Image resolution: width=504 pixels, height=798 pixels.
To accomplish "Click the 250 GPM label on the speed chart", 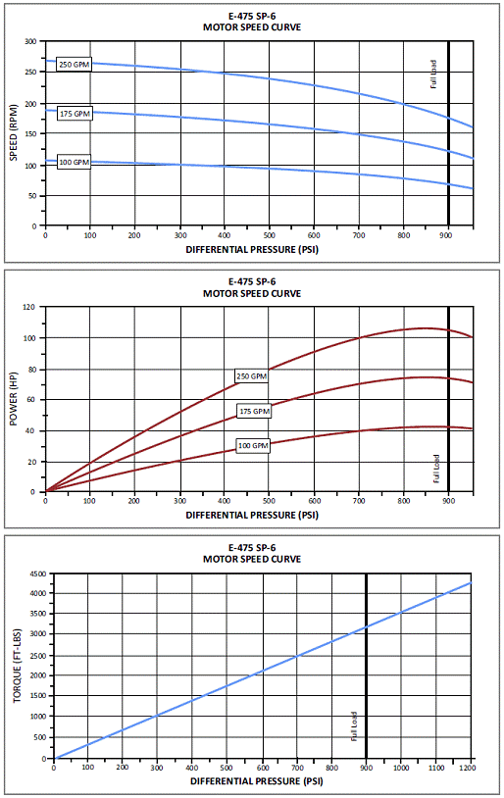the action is point(74,64).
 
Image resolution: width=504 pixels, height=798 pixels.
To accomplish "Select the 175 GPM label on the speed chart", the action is point(75,114).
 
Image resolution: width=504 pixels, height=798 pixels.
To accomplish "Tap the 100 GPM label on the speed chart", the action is point(74,163).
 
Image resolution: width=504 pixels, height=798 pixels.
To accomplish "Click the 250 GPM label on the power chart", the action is point(251,376).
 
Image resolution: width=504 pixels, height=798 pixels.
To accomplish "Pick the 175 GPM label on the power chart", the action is point(255,411).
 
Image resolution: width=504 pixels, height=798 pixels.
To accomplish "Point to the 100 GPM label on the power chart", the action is point(253,446).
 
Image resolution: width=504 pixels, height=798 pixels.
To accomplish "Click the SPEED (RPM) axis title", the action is point(14,132).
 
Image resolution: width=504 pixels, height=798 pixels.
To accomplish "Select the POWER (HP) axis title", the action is point(14,400).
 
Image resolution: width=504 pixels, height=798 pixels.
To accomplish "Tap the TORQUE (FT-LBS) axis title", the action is point(18,667).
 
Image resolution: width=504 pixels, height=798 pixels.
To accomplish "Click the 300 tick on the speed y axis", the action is point(31,42).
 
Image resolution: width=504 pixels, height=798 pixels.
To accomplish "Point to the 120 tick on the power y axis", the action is point(29,307).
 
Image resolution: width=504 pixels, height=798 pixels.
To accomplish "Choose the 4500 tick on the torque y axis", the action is point(38,574).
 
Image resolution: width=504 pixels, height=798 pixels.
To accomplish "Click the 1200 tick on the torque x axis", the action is point(468,768).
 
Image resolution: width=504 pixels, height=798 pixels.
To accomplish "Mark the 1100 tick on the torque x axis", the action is point(435,768).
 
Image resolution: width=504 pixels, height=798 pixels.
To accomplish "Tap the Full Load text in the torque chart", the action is point(354,726).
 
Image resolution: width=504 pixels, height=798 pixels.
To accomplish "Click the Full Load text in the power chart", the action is point(436,469).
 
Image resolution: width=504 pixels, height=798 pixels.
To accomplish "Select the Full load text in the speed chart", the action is point(433,75).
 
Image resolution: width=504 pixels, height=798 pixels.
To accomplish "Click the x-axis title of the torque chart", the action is point(257,781).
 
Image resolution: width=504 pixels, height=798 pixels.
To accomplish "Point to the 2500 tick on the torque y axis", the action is point(38,656).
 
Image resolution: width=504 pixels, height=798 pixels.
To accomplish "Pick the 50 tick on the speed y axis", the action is point(33,196).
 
